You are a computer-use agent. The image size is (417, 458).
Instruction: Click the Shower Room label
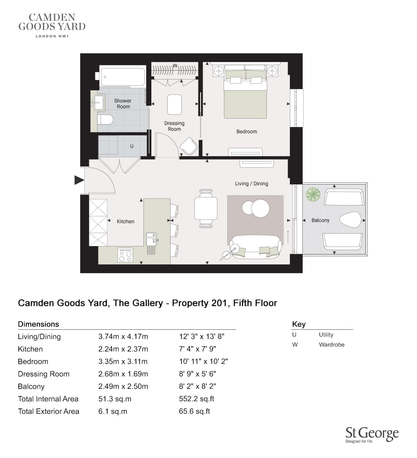point(123,103)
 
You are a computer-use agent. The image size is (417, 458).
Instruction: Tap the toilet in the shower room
point(105,119)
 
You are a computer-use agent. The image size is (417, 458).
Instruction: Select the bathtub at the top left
point(122,77)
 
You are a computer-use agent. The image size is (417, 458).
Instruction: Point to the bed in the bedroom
point(245,92)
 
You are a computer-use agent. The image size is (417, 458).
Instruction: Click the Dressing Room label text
point(174,126)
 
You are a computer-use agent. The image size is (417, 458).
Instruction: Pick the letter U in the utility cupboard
point(132,146)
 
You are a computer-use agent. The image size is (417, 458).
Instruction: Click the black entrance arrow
point(79,180)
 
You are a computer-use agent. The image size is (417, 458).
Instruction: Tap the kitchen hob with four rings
point(125,255)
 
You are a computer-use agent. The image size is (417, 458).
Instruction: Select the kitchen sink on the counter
point(152,239)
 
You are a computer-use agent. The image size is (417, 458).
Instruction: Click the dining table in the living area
point(206,209)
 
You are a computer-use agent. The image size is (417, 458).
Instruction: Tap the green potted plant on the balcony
point(313,194)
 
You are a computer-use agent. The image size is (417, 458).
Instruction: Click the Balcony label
point(320,220)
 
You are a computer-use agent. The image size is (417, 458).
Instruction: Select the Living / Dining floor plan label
point(251,184)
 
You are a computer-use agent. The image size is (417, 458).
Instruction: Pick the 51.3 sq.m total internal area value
point(115,399)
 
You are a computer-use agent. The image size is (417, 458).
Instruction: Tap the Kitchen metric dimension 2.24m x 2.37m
point(123,349)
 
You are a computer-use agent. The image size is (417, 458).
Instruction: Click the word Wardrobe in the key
point(332,345)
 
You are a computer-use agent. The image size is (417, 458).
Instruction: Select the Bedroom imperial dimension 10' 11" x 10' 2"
point(203,361)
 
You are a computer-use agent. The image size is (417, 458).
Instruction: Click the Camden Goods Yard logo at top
point(52,25)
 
